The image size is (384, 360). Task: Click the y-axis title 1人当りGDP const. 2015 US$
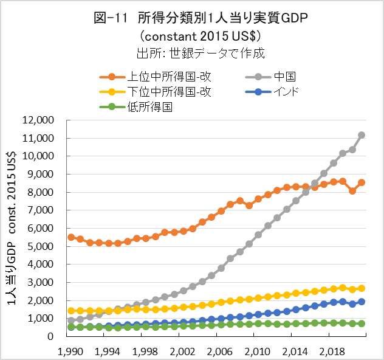tap(13, 228)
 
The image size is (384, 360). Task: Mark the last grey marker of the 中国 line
tap(362, 135)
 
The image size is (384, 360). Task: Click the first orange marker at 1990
tap(71, 237)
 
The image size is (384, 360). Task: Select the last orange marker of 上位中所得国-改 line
tap(362, 182)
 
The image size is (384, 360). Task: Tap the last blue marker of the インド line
tap(362, 302)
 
